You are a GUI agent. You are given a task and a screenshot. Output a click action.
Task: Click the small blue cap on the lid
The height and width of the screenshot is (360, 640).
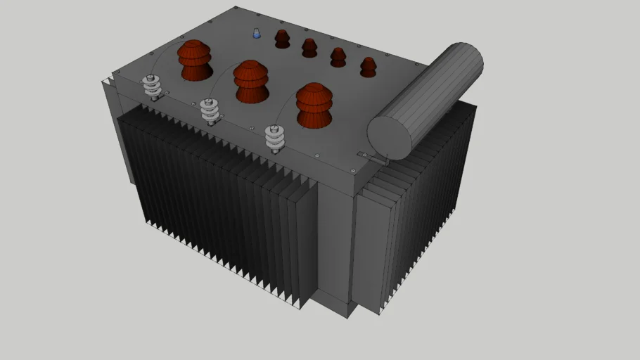tap(257, 34)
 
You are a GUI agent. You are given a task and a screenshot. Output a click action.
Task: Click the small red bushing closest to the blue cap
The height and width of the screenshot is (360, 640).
tap(282, 39)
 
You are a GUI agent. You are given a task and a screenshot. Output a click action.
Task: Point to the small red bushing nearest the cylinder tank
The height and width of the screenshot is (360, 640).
tap(368, 67)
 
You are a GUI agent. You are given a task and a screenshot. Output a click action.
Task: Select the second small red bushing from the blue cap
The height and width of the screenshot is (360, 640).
tap(309, 48)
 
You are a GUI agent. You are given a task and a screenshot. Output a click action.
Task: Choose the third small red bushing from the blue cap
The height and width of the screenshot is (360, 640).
tap(338, 57)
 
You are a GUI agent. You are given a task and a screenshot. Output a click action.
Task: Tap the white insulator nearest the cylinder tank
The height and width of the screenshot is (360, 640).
tap(276, 139)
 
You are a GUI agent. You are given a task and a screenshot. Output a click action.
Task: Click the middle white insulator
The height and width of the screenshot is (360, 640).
tap(210, 112)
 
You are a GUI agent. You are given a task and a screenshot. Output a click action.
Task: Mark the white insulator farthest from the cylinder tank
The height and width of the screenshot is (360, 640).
tap(153, 88)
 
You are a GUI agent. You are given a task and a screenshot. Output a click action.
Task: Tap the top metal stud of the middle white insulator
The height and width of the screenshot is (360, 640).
tap(209, 101)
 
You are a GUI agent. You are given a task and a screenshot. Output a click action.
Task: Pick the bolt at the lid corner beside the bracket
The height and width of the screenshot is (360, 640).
tap(352, 169)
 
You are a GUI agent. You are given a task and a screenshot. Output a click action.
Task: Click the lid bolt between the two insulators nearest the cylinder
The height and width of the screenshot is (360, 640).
tap(250, 128)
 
